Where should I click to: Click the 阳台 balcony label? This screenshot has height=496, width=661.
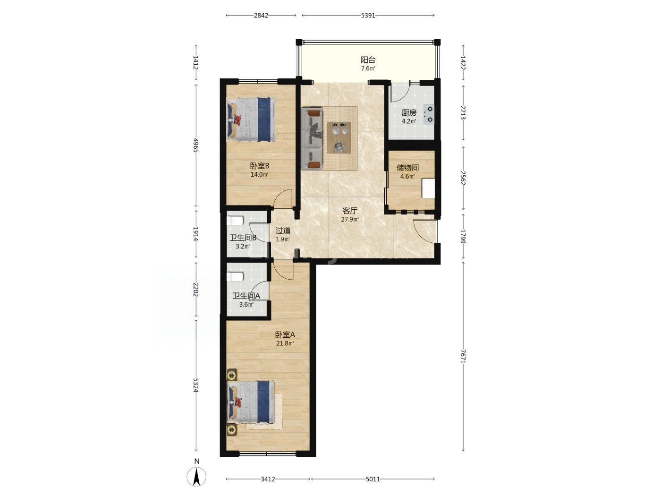point(368,60)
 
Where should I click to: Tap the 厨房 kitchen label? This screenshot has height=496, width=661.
point(409,112)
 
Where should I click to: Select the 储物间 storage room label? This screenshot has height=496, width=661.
point(407,167)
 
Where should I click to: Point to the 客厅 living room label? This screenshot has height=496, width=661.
point(350,210)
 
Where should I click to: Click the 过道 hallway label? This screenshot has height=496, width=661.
point(283,231)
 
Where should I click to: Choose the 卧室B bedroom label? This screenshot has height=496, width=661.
point(260,166)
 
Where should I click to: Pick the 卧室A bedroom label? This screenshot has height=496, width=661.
point(285,334)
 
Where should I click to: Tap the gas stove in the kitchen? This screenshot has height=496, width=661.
point(429,114)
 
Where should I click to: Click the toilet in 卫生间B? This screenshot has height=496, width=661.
point(235,221)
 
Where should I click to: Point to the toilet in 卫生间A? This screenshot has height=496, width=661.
point(235,276)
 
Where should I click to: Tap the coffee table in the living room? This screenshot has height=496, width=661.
point(339,137)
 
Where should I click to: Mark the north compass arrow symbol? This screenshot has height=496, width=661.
point(196,477)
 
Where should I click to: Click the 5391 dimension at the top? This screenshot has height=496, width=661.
point(368,16)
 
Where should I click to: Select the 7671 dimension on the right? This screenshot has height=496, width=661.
point(463,356)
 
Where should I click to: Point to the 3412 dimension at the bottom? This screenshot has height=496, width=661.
point(268,479)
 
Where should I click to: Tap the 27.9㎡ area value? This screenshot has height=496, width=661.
point(350,219)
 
